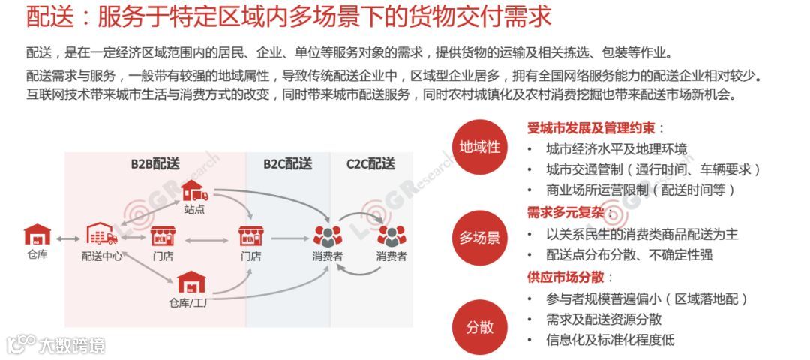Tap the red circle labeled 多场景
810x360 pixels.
click(x=480, y=238)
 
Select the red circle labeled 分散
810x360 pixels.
click(x=480, y=327)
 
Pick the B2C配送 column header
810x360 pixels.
click(x=287, y=163)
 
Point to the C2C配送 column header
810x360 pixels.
click(x=370, y=163)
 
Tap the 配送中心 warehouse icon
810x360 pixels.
click(x=101, y=235)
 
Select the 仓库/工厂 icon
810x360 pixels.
click(x=192, y=283)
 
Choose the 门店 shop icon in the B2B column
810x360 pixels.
click(x=163, y=236)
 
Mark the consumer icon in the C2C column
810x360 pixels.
click(x=391, y=236)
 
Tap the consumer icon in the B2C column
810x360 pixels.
click(x=327, y=236)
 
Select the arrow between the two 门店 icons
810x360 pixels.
click(x=206, y=240)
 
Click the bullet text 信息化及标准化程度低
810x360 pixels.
click(x=610, y=340)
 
